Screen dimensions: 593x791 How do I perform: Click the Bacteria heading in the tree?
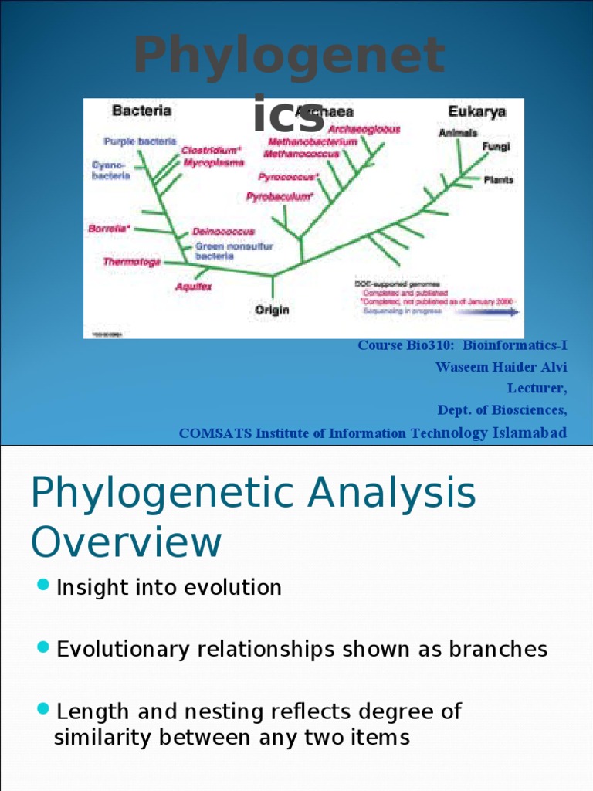coord(142,111)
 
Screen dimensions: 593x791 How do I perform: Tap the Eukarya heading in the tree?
coord(477,111)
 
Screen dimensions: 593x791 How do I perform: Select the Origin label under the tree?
coord(273,310)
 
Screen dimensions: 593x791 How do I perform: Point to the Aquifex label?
coord(193,286)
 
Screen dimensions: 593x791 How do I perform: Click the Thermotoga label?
coord(132,262)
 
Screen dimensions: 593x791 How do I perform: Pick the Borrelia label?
coord(110,229)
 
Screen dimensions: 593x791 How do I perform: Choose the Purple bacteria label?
coord(140,141)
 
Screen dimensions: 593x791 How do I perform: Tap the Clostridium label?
coord(212,151)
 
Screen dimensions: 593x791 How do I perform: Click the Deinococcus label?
coord(223,231)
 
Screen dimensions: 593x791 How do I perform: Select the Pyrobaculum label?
coord(280,197)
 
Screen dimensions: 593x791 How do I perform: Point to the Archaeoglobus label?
coord(364,130)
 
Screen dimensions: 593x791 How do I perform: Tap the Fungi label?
coord(496,147)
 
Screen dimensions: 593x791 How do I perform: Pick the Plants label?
coord(499,180)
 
